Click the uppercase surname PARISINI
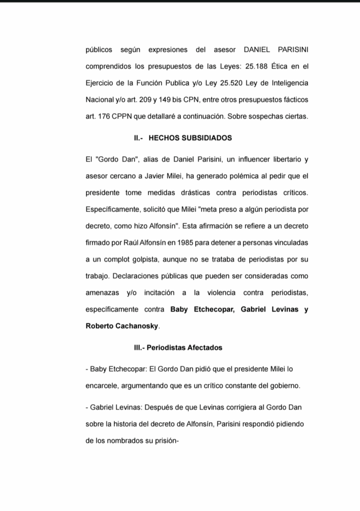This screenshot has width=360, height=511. (x=292, y=50)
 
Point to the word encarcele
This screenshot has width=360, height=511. (x=103, y=386)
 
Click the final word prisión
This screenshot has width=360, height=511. (x=166, y=441)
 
